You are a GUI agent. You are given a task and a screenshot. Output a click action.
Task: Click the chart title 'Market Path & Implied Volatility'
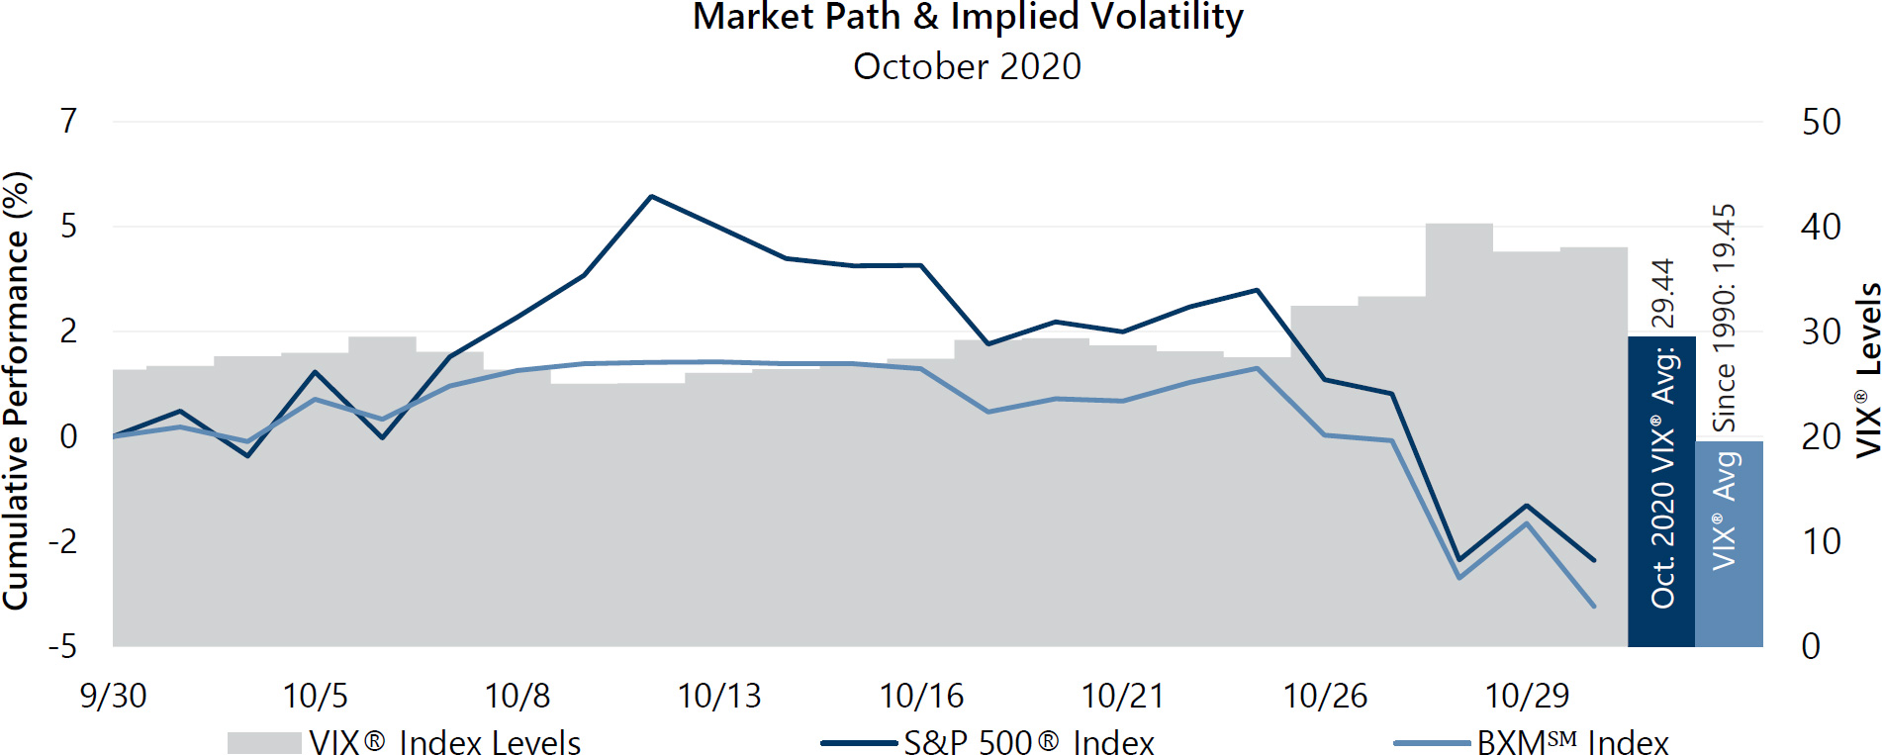click(967, 18)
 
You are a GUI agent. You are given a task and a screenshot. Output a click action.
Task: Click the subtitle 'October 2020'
click(967, 66)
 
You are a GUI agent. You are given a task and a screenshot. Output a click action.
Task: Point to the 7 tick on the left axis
click(68, 121)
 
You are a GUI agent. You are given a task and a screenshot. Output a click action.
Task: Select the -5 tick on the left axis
click(62, 646)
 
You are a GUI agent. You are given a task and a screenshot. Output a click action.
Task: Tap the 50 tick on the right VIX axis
click(1820, 122)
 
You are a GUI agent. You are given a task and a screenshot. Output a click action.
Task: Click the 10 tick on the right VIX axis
click(1820, 541)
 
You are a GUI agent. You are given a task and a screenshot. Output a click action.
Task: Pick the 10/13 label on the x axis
click(719, 696)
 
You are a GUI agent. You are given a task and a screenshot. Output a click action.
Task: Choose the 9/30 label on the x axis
click(113, 696)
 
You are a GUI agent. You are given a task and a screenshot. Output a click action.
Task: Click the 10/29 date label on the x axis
click(1527, 696)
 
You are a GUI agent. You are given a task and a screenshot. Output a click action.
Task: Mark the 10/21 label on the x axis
click(1123, 696)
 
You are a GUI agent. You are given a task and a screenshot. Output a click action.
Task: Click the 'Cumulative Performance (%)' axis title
click(17, 391)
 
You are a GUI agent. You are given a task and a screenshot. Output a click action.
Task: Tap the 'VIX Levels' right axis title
click(1867, 370)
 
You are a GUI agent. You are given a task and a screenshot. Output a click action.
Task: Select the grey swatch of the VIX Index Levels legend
click(264, 742)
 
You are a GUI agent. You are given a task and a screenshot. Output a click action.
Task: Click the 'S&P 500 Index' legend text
click(1028, 742)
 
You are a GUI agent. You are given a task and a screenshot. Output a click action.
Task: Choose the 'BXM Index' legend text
click(1572, 742)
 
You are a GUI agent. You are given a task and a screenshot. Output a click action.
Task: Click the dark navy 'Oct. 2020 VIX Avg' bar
click(1661, 495)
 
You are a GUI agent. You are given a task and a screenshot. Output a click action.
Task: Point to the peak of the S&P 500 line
click(651, 196)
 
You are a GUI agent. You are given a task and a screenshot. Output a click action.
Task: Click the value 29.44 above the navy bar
click(1662, 293)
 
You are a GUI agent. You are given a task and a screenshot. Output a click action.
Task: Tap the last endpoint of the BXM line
click(1593, 606)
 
